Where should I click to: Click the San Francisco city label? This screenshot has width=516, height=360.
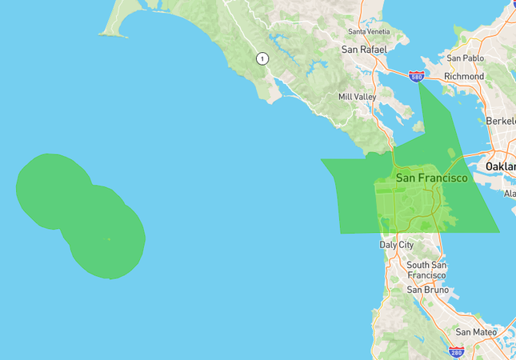pos(431,178)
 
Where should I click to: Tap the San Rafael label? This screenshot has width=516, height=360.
pos(364,50)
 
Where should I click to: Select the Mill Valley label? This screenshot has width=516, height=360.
pos(358,97)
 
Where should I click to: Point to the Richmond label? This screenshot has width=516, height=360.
pos(464,76)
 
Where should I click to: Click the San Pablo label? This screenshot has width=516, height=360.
pos(466,58)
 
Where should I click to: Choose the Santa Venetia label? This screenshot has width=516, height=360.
pos(369,31)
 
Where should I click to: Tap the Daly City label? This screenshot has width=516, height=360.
pos(398,245)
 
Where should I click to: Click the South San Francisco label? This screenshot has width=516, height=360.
pos(426,270)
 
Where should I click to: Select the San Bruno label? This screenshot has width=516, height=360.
pos(425,290)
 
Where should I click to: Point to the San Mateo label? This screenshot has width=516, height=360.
pos(476,332)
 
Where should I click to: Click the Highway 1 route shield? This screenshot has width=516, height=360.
pos(262,58)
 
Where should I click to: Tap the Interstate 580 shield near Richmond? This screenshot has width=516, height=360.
pos(416,76)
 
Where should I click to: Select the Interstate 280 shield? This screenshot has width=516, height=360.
pos(456,351)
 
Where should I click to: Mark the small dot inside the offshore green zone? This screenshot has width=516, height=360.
pos(109,238)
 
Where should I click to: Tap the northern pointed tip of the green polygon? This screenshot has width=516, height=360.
pos(420,84)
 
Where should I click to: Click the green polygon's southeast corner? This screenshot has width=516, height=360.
pos(498,233)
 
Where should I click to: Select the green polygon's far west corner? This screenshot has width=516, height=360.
pos(322,159)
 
